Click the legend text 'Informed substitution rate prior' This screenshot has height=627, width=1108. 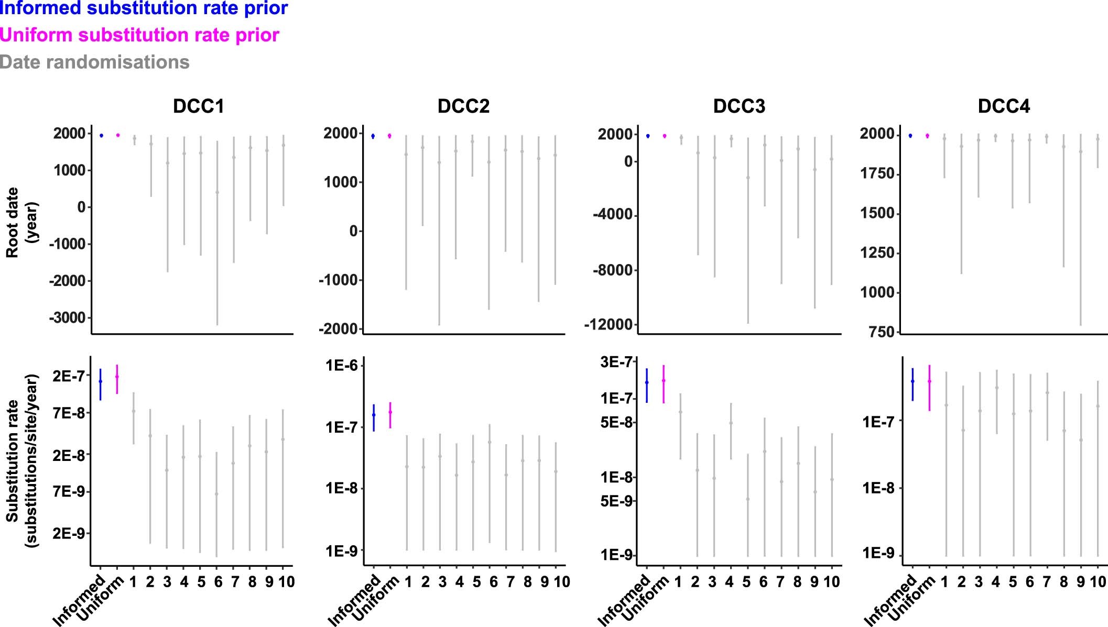point(143,8)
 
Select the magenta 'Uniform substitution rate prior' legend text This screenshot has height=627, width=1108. point(139,35)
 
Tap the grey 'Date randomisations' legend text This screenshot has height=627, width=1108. point(94,62)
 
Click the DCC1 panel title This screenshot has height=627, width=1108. point(198,106)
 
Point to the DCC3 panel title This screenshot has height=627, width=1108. point(739,106)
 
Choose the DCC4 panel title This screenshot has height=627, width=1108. point(1004,106)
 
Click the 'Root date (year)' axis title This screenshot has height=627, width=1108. point(21,223)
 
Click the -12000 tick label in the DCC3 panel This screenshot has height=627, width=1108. point(608,325)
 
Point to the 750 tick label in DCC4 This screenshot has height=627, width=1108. point(881,332)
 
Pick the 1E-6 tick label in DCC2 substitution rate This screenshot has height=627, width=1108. point(341,365)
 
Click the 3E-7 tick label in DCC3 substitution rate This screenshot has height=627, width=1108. point(616,362)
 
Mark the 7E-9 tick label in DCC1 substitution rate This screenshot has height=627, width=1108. point(69,492)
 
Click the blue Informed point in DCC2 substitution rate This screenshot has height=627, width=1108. point(374,415)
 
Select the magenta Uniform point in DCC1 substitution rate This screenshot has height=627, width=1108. point(117,377)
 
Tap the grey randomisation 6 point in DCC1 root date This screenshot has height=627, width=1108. point(217,192)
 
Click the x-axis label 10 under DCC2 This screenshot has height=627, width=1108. point(562,582)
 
